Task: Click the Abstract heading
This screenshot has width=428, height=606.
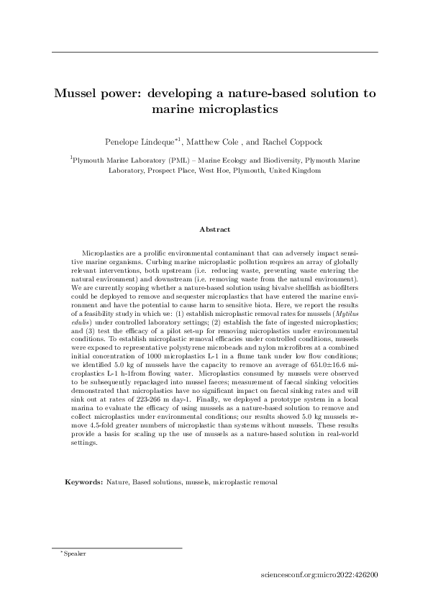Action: point(214,230)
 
